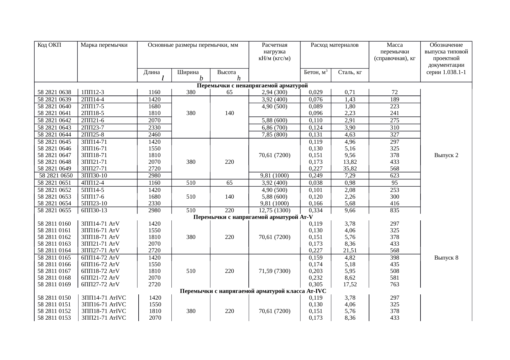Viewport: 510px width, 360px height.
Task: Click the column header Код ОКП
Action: coord(49,45)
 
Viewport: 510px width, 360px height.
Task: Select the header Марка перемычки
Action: coord(104,45)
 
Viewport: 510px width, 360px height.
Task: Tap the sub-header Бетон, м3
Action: coord(316,72)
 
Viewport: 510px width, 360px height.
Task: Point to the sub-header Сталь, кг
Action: coord(350,72)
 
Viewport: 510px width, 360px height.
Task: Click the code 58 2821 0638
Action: coord(54,92)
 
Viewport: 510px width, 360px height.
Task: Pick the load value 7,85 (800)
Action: coord(275,134)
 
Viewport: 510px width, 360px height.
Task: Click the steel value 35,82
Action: coord(350,168)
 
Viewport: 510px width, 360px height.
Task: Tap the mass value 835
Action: coord(394,210)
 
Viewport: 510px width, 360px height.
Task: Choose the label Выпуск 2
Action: coord(446,155)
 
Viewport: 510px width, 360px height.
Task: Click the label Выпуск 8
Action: coord(446,258)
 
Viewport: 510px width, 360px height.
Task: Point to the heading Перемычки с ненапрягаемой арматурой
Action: coord(252,85)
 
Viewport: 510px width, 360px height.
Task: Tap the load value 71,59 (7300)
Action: coord(275,271)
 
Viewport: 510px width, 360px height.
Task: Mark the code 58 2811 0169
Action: coord(54,284)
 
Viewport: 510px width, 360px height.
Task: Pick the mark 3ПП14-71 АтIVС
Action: coord(104,298)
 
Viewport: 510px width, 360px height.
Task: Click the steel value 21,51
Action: coord(350,250)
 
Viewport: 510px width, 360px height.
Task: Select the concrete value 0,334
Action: coord(316,210)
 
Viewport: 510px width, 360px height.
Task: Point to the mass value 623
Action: coord(394,175)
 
